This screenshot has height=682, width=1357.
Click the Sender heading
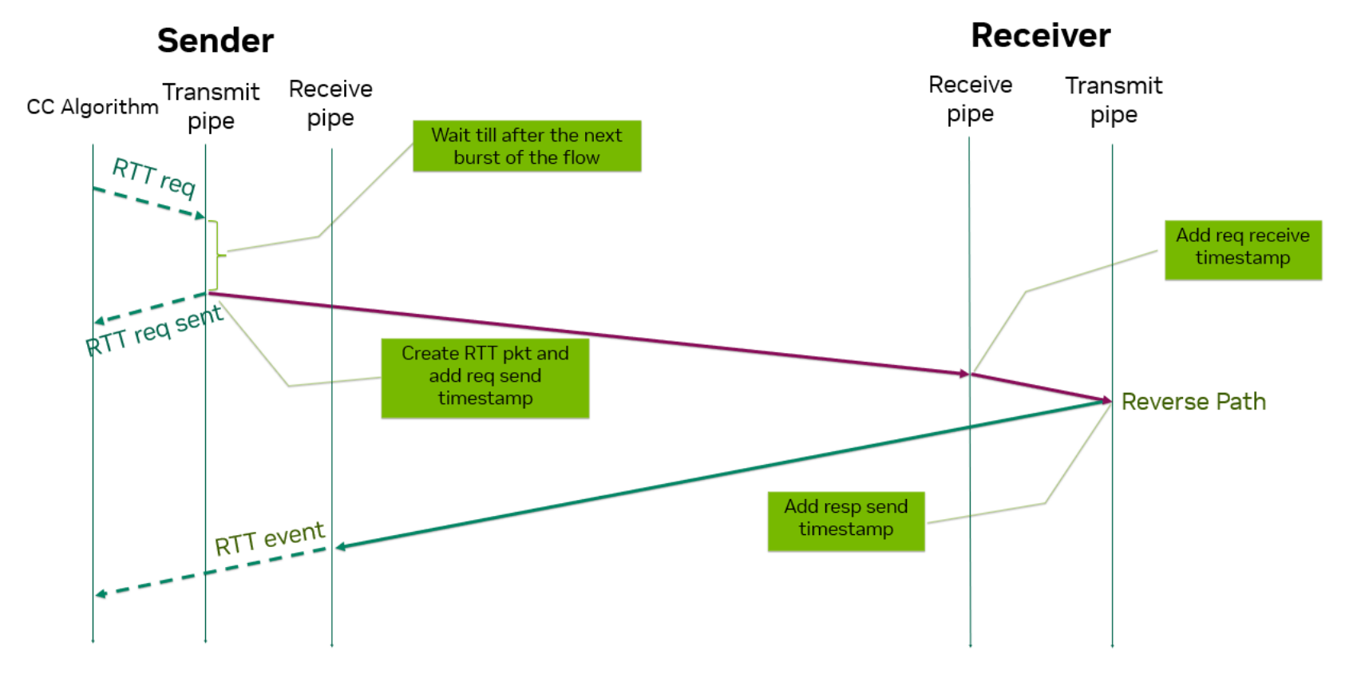click(x=215, y=41)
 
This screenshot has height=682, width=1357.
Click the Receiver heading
click(x=1040, y=36)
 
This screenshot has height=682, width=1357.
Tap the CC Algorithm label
click(x=92, y=107)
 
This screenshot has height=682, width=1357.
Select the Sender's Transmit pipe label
click(x=211, y=105)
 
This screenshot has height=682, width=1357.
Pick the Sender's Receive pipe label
click(x=330, y=103)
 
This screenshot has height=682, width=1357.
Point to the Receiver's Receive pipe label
click(x=970, y=99)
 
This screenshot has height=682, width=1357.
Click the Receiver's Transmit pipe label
click(x=1114, y=100)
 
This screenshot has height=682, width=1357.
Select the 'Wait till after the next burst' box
click(x=527, y=146)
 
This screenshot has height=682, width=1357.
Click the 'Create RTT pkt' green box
click(x=485, y=378)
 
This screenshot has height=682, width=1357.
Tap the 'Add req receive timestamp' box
click(x=1243, y=250)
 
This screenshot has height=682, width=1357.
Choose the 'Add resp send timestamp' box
click(x=846, y=521)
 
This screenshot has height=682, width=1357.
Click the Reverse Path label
click(x=1193, y=402)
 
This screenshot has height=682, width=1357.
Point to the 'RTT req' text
click(x=154, y=177)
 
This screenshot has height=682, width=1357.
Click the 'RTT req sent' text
click(x=154, y=330)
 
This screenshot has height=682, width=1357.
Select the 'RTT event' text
click(x=270, y=538)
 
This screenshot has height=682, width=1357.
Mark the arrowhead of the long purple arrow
click(x=964, y=373)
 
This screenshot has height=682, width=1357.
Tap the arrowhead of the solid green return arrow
click(x=341, y=546)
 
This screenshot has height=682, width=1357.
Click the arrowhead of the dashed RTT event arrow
click(x=101, y=594)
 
